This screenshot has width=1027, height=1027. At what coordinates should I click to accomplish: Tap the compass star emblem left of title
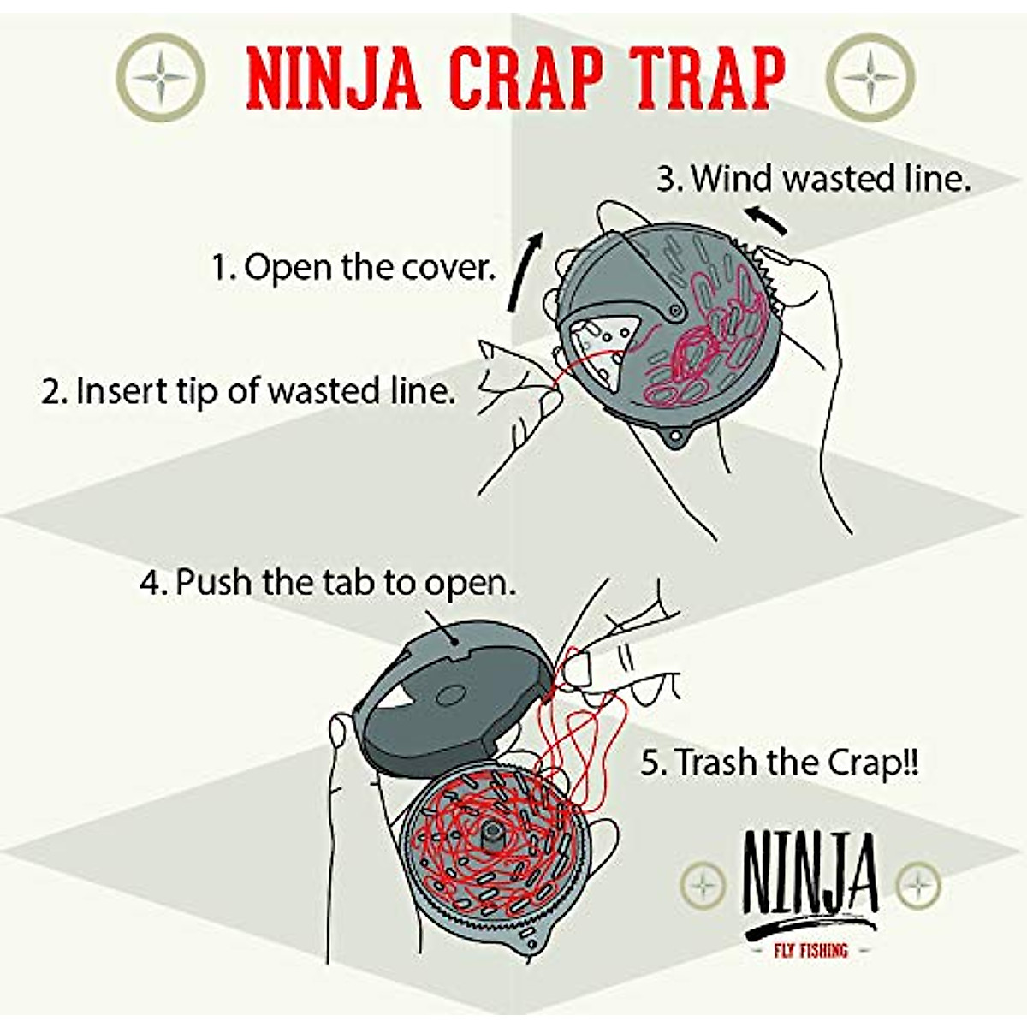tap(160, 78)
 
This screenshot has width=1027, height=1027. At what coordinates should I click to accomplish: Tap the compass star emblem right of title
tap(870, 78)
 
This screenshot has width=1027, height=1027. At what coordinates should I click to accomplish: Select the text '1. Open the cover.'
tap(353, 268)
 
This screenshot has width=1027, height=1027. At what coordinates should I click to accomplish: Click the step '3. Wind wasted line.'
tap(814, 179)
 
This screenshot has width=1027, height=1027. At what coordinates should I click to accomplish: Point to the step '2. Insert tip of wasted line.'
tap(248, 391)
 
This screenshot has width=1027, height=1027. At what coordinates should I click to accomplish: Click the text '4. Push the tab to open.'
tap(328, 583)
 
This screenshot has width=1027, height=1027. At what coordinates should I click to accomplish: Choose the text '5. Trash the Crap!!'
tap(780, 763)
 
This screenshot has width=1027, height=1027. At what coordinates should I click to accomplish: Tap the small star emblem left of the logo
tap(703, 884)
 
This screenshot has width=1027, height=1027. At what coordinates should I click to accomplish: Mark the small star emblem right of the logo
tap(918, 884)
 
